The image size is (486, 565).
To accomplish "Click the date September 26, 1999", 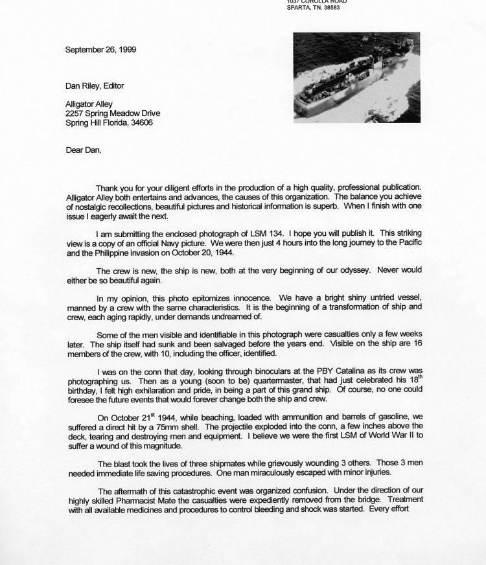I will (100, 49).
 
